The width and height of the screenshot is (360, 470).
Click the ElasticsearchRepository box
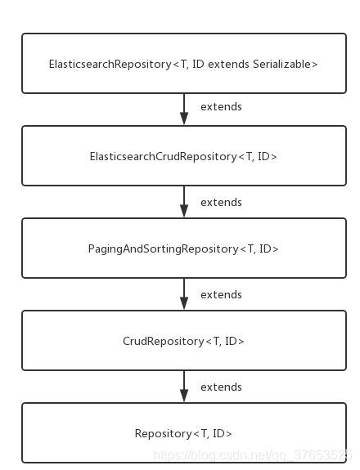pyautogui.click(x=184, y=63)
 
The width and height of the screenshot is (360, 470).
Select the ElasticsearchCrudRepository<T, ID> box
pyautogui.click(x=184, y=155)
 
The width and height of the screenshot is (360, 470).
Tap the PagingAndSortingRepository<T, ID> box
pyautogui.click(x=184, y=248)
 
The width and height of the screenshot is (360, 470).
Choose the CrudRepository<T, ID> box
pyautogui.click(x=184, y=340)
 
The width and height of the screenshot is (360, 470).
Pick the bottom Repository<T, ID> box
pyautogui.click(x=184, y=432)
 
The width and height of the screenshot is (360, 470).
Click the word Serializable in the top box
pyautogui.click(x=281, y=64)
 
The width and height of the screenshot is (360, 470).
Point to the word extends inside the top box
pyautogui.click(x=228, y=64)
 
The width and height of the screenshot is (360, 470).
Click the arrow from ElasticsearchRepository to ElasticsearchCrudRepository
pyautogui.click(x=184, y=109)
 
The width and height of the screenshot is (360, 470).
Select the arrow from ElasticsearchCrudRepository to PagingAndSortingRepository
pyautogui.click(x=184, y=201)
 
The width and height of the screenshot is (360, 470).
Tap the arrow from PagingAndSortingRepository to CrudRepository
pyautogui.click(x=184, y=293)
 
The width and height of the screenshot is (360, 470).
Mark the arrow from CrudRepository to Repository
pyautogui.click(x=184, y=386)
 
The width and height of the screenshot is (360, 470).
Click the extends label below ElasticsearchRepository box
pyautogui.click(x=221, y=107)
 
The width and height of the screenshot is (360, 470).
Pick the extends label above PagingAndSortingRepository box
pyautogui.click(x=221, y=203)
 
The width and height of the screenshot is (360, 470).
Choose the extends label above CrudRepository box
pyautogui.click(x=221, y=294)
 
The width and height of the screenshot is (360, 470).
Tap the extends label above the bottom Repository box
pyautogui.click(x=221, y=387)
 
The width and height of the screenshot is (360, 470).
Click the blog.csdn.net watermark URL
pyautogui.click(x=252, y=455)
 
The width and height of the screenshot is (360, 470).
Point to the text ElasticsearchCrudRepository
pyautogui.click(x=163, y=157)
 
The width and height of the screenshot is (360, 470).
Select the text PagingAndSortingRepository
pyautogui.click(x=163, y=249)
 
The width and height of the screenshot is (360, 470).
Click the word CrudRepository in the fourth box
pyautogui.click(x=164, y=342)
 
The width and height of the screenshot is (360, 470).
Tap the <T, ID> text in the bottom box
pyautogui.click(x=213, y=433)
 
